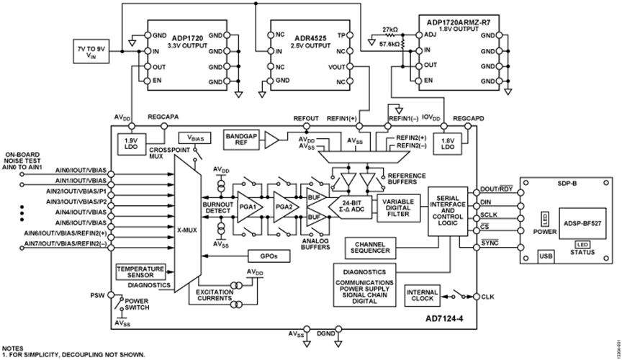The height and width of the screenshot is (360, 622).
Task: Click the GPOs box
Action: coord(260,256)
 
